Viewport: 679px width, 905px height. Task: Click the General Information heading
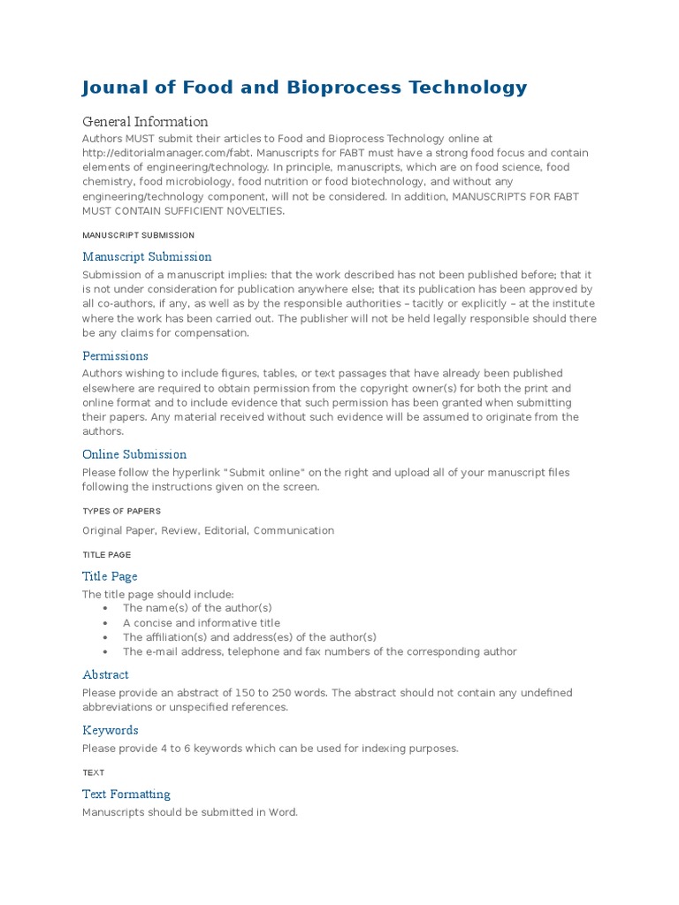click(145, 122)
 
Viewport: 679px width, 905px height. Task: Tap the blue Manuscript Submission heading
click(147, 256)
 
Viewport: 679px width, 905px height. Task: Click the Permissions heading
click(115, 355)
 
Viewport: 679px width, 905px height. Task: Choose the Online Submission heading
click(134, 454)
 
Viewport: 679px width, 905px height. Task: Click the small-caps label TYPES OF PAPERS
click(121, 511)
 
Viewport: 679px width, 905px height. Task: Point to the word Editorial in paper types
click(225, 530)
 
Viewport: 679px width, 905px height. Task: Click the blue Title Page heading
click(110, 576)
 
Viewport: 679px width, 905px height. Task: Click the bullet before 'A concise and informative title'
click(106, 623)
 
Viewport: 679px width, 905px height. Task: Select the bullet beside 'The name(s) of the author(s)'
click(106, 608)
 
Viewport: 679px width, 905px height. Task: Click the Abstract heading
click(105, 674)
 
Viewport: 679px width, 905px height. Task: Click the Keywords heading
click(111, 730)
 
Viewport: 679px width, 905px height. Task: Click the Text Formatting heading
click(126, 794)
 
